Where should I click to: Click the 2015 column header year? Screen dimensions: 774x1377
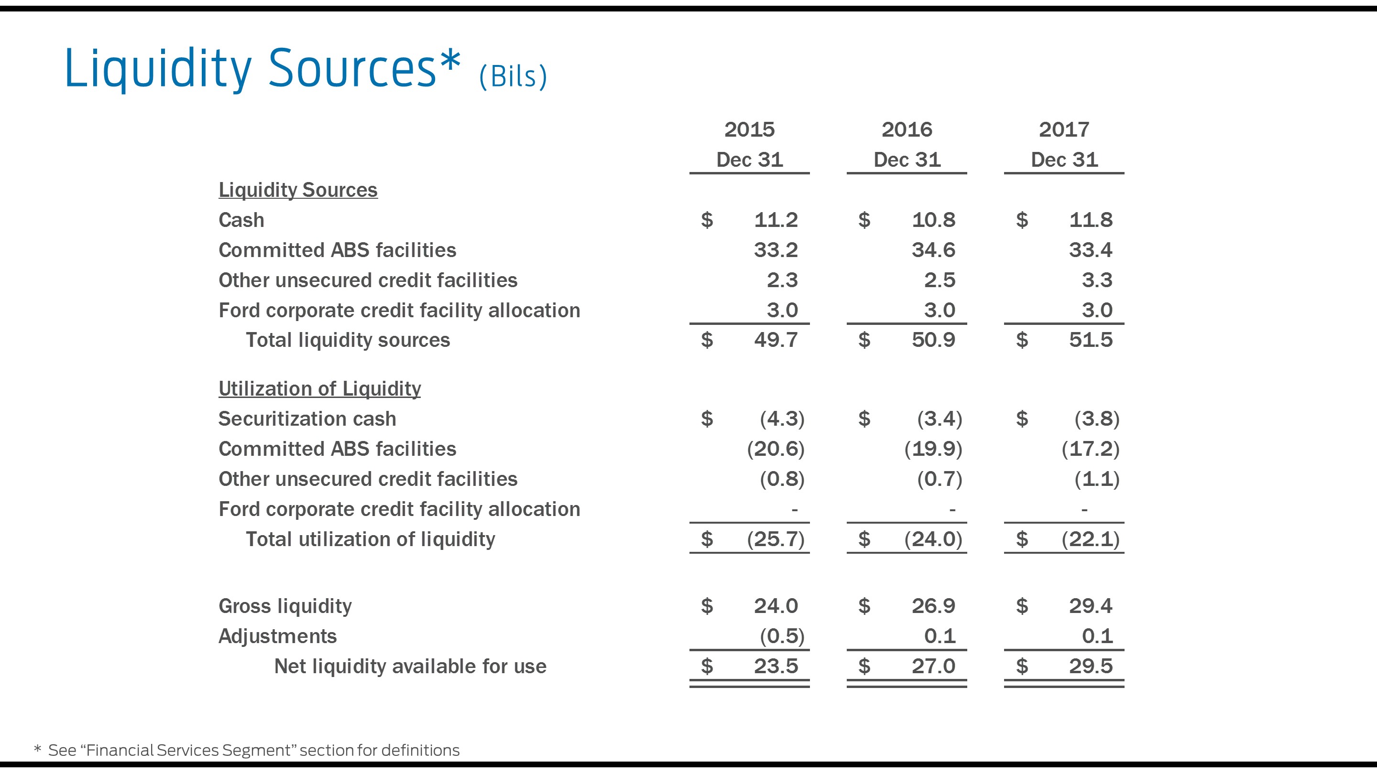point(749,129)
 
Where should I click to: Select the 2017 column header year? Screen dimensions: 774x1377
point(1064,129)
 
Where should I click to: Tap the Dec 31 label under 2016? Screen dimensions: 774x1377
point(907,160)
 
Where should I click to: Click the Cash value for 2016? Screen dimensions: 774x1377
point(933,220)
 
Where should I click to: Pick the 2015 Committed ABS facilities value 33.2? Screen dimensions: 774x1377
point(776,249)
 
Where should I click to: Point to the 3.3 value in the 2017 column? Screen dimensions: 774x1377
point(1097,280)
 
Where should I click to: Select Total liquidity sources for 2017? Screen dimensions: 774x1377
point(1091,340)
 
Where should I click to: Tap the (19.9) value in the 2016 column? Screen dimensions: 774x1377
point(933,449)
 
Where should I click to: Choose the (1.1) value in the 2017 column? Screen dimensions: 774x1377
point(1097,479)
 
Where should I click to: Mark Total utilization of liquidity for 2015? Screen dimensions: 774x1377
point(776,539)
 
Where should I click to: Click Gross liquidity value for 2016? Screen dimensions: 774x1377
point(933,606)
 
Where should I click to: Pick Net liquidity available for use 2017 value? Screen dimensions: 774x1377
point(1091,666)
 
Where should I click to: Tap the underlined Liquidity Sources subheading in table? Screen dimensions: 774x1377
point(298,190)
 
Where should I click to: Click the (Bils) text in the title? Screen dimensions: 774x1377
point(513,76)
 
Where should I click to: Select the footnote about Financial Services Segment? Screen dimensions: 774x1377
point(253,750)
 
